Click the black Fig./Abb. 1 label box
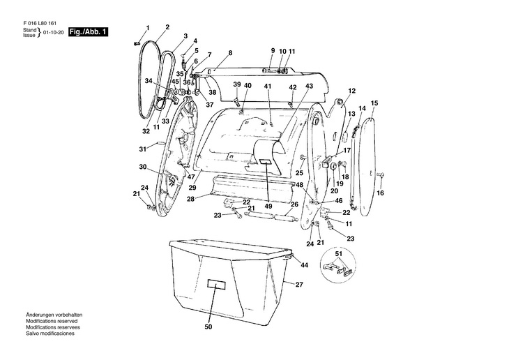[x=89, y=32]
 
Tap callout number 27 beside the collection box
[x=299, y=285]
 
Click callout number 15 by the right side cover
[x=374, y=103]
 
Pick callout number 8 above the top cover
[x=230, y=53]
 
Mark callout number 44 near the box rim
[x=304, y=265]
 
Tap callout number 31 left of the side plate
[x=142, y=149]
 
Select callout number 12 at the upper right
[x=352, y=91]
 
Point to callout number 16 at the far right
[x=381, y=193]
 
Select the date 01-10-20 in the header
[x=53, y=33]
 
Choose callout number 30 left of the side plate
[x=142, y=167]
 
